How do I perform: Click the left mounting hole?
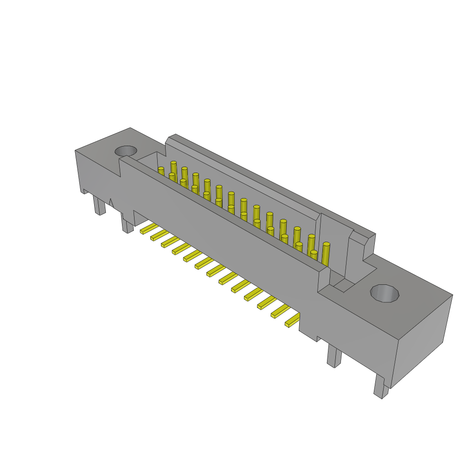(x=126, y=151)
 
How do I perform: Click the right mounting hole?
(x=385, y=293)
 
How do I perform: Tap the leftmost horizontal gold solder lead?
(x=148, y=228)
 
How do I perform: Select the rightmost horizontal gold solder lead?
(x=293, y=320)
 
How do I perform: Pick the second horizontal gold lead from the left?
(x=159, y=235)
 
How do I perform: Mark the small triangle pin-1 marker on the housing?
(x=111, y=203)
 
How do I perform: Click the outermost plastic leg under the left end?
(x=99, y=205)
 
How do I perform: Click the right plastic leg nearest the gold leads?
(x=334, y=356)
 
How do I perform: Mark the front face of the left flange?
(x=97, y=172)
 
